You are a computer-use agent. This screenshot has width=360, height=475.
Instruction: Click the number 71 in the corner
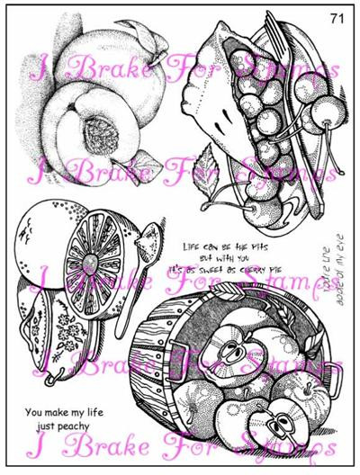336,17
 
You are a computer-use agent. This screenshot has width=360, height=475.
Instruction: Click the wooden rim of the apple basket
153,360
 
